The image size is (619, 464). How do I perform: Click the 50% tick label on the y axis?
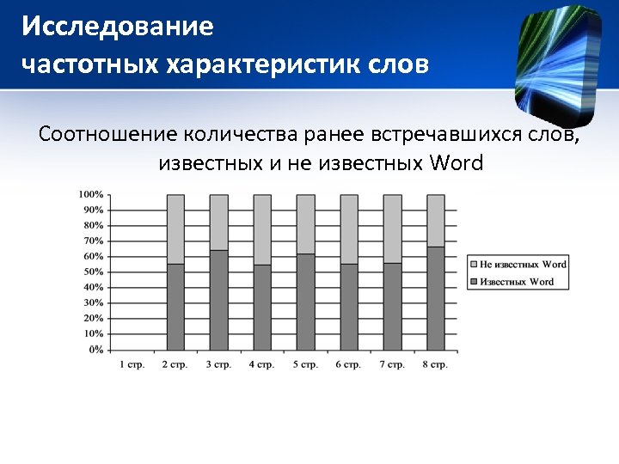click(x=92, y=272)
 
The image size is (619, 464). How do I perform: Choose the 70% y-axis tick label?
click(x=92, y=241)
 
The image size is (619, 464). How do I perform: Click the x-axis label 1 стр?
click(x=132, y=364)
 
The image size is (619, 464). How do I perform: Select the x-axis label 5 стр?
click(x=305, y=364)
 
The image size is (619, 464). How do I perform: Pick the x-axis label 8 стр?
click(x=435, y=364)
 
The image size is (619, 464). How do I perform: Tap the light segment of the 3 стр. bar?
click(x=218, y=222)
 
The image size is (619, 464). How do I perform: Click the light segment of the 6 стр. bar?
click(x=348, y=229)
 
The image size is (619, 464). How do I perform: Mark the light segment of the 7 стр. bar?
click(x=392, y=229)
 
